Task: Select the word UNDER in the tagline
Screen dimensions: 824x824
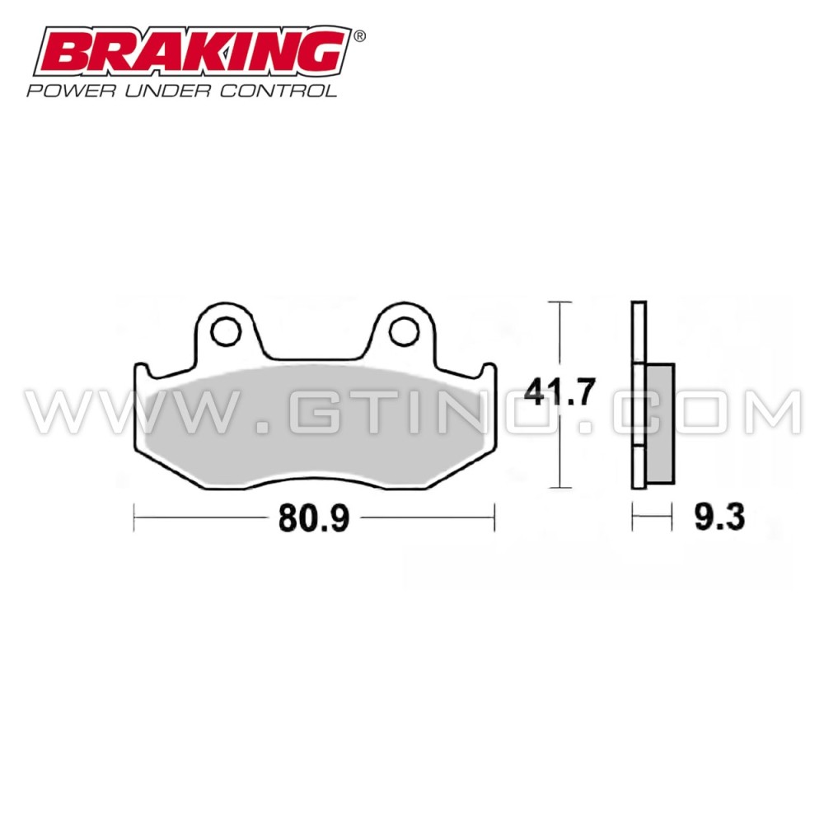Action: [163, 90]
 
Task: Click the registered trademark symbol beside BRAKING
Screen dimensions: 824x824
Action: [359, 36]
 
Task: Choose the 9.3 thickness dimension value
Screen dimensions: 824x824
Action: [720, 518]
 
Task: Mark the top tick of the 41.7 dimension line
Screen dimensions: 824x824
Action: [560, 303]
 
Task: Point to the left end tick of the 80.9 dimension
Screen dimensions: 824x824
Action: [134, 518]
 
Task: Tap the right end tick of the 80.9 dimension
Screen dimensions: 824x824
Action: [494, 518]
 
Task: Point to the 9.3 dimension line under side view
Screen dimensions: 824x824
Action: [648, 518]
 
